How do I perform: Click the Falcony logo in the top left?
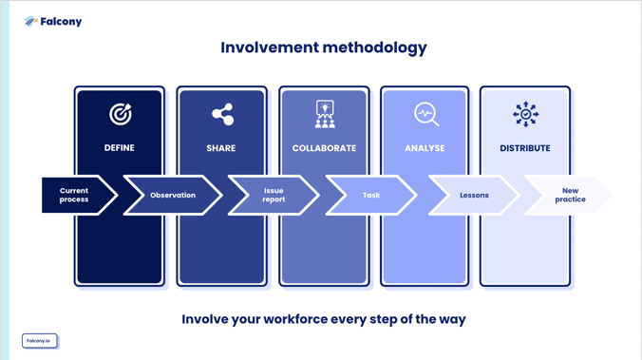pos(53,22)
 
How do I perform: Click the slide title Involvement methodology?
pos(323,47)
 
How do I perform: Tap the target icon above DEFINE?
pos(120,114)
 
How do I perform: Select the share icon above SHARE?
pos(222,114)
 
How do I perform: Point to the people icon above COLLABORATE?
pos(325,114)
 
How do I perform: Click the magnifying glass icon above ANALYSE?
pos(425,114)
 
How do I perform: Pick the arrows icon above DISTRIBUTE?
pos(525,114)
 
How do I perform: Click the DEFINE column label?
pos(120,148)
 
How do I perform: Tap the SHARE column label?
pos(221,148)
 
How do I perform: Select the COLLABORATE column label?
pos(324,148)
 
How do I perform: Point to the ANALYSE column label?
pos(425,148)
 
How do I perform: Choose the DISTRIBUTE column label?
pos(525,148)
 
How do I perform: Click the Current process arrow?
pos(75,196)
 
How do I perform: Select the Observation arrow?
pos(173,196)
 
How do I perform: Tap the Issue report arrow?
pos(274,196)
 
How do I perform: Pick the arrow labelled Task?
pos(371,196)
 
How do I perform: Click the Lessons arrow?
pos(474,196)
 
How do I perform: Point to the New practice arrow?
pos(570,196)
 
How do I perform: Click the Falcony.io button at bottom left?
pos(39,340)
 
